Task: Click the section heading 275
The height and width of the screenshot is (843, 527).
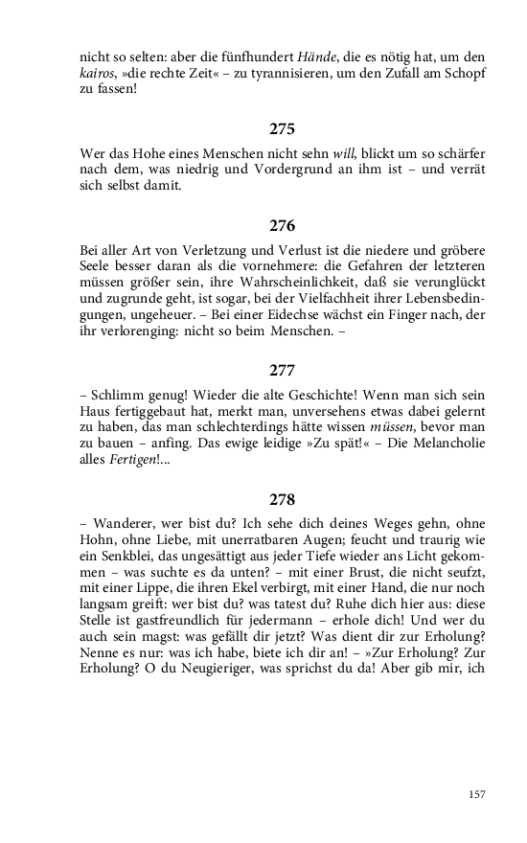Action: pos(282,128)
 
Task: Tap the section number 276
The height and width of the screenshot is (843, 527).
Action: pos(282,226)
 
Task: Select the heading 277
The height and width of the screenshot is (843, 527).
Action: pos(282,370)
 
